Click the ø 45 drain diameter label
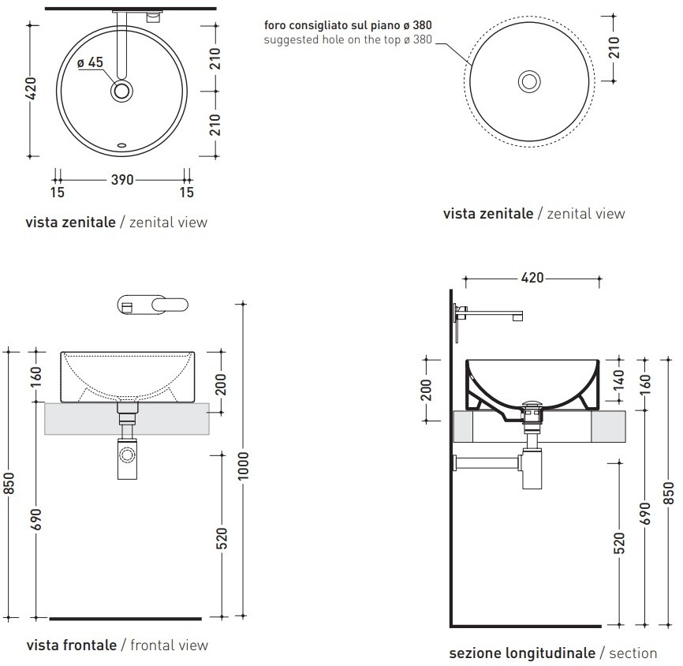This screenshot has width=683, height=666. point(90,62)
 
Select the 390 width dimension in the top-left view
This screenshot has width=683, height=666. point(122,180)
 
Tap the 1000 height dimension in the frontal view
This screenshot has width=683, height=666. point(243,466)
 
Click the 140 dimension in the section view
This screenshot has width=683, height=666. point(619,380)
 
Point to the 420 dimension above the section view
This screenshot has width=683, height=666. point(532,278)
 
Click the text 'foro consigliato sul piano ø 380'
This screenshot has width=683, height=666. point(348,24)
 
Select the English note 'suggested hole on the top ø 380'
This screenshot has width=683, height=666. point(348,39)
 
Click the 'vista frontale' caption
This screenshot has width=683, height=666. point(72,645)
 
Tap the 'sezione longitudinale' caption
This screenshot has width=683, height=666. point(522,653)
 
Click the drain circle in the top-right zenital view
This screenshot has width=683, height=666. point(529,81)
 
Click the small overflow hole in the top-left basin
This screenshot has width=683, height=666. point(122,145)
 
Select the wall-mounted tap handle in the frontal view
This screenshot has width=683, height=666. point(170,305)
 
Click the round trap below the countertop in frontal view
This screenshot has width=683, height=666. point(127,455)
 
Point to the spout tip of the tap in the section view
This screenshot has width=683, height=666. point(517,317)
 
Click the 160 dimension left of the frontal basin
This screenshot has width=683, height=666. point(36,376)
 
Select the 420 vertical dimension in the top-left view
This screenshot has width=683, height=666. point(31,88)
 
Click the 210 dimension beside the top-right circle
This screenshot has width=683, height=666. point(614,47)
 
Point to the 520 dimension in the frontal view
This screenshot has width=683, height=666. point(222,538)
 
